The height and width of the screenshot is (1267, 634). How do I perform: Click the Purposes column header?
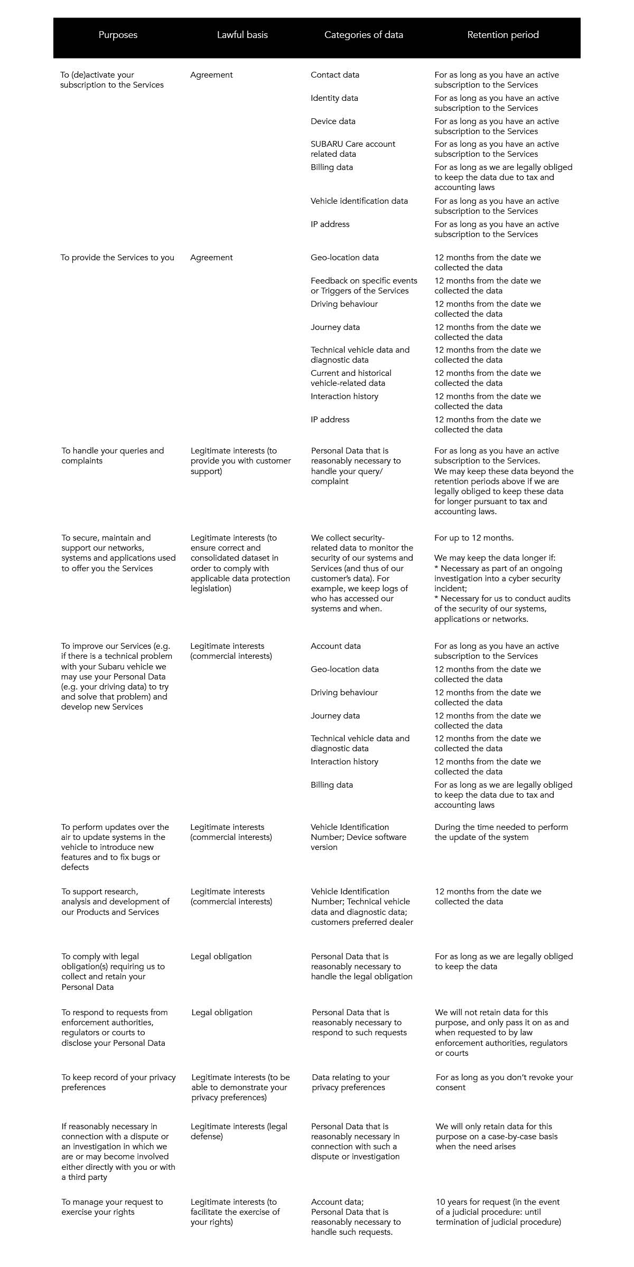pyautogui.click(x=118, y=35)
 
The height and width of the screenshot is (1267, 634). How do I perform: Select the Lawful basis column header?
pyautogui.click(x=242, y=35)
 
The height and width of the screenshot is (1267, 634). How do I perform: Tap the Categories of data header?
pyautogui.click(x=363, y=35)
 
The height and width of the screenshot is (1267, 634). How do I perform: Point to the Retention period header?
pyautogui.click(x=503, y=35)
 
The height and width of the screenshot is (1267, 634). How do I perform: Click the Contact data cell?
pyautogui.click(x=335, y=75)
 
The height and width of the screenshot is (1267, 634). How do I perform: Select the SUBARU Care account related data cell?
pyautogui.click(x=352, y=149)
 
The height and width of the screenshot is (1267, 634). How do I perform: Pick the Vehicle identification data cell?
pyautogui.click(x=359, y=201)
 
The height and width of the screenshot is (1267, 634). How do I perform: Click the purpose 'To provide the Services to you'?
pyautogui.click(x=117, y=258)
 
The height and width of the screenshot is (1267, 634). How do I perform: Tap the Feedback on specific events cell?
pyautogui.click(x=363, y=286)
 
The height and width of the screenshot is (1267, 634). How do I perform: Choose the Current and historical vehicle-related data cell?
pyautogui.click(x=351, y=378)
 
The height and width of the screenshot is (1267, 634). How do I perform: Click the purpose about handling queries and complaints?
pyautogui.click(x=113, y=456)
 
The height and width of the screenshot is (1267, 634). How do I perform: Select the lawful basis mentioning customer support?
pyautogui.click(x=240, y=461)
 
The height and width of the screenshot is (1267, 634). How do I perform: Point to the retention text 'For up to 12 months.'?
pyautogui.click(x=474, y=538)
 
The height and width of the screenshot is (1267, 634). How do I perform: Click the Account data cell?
pyautogui.click(x=335, y=646)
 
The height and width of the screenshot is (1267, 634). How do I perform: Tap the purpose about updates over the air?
pyautogui.click(x=115, y=847)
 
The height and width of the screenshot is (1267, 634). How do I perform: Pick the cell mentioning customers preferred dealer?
pyautogui.click(x=362, y=906)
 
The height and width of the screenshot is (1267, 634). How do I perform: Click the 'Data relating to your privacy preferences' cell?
pyautogui.click(x=350, y=1082)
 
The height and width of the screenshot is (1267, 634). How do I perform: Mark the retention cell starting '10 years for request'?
pyautogui.click(x=498, y=1212)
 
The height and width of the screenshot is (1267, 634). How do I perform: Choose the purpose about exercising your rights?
pyautogui.click(x=112, y=1207)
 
